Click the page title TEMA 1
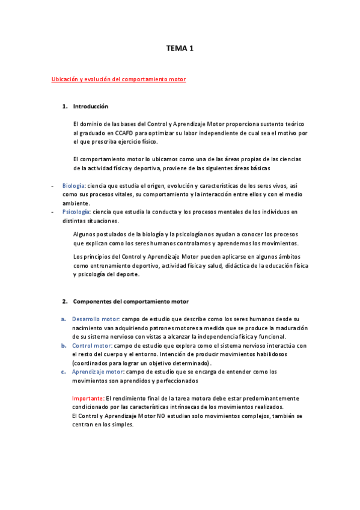pos(180,48)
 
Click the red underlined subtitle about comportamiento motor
pos(119,79)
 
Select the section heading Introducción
pos(90,106)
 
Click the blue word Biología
pos(73,186)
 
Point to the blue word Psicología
pos(75,212)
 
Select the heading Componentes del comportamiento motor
pos(130,301)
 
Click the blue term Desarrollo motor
pos(96,319)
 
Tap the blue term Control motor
pos(91,346)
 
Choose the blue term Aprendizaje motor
pos(97,372)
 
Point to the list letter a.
pos(63,319)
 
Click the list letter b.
pos(63,346)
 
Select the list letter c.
pos(63,372)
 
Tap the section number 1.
pos(64,106)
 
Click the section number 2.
pos(64,301)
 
